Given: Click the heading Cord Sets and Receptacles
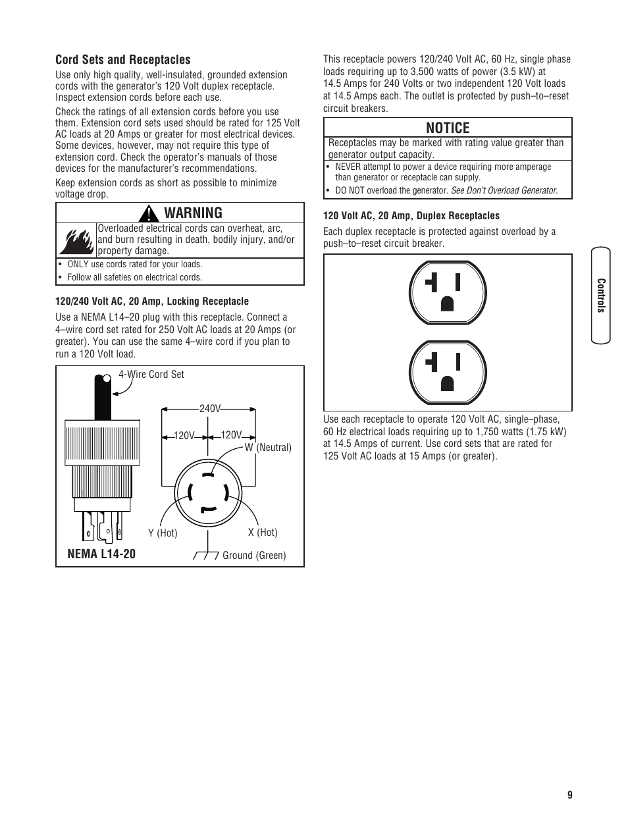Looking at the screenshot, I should tap(122, 59).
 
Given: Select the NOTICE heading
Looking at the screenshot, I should tap(448, 128).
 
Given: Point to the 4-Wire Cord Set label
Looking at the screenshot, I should tap(151, 374).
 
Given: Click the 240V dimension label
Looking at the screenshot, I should tap(209, 409).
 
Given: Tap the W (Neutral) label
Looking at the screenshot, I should tap(268, 447).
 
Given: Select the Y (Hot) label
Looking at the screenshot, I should tap(163, 533).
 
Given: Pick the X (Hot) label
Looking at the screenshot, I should tap(263, 532).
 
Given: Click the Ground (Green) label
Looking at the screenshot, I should tap(254, 555).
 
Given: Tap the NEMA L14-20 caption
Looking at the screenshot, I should tap(101, 554).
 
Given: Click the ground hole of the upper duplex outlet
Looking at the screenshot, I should tap(447, 302).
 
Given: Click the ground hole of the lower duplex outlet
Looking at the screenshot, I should tap(447, 382).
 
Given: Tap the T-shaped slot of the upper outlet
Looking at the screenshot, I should tap(432, 283).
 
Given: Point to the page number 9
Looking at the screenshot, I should tap(569, 795).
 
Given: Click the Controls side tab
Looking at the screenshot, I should tap(600, 296).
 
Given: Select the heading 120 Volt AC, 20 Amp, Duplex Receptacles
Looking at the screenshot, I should tap(411, 215).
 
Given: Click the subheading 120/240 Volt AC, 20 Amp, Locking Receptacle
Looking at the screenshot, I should tap(152, 301).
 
